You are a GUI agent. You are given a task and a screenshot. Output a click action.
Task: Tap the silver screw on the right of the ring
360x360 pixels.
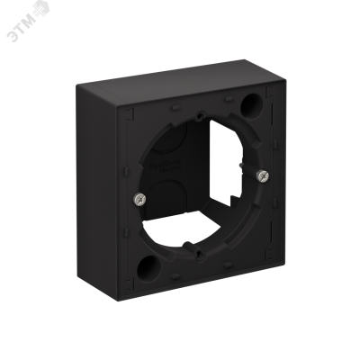click(x=263, y=175)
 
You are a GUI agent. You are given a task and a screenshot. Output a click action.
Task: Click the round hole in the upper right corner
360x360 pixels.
click(x=251, y=106)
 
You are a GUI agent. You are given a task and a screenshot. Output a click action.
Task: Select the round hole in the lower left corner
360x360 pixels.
click(x=148, y=268)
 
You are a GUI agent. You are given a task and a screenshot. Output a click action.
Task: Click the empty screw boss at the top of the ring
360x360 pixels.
click(x=200, y=115)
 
